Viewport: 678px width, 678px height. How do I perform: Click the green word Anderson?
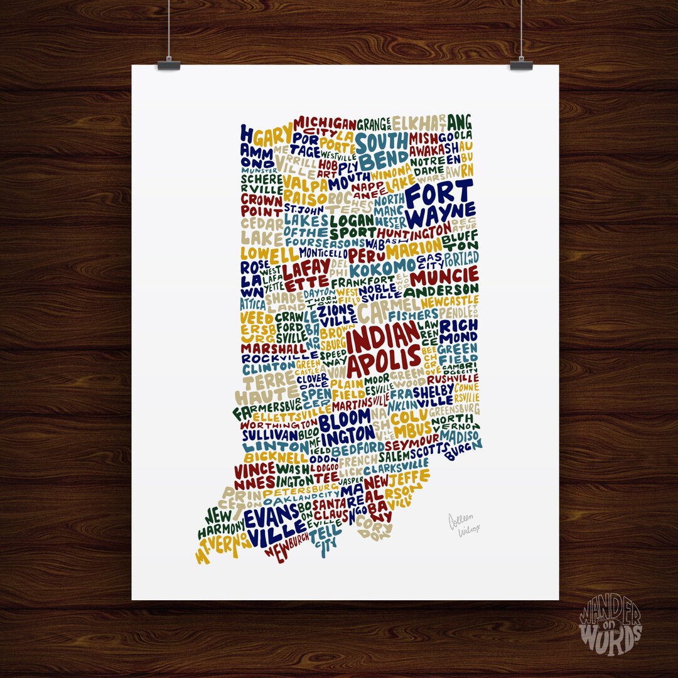441,292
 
